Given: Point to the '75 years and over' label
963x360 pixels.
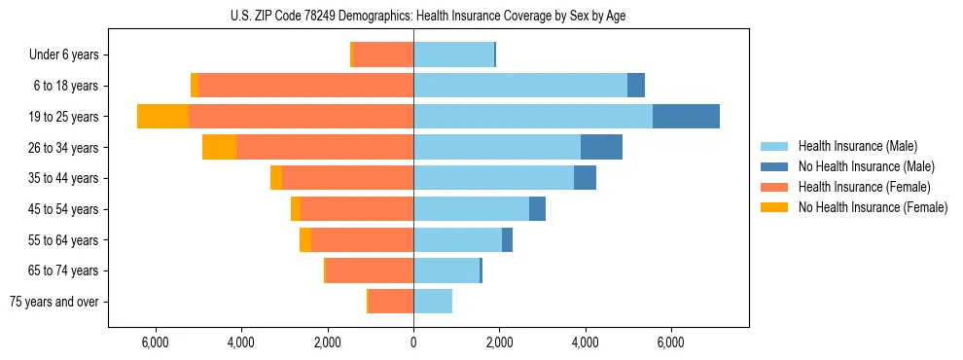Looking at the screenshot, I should (x=54, y=302).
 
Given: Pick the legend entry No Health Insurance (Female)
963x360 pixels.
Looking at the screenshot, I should (x=873, y=207).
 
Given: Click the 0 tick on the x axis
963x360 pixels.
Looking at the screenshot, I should (x=413, y=342).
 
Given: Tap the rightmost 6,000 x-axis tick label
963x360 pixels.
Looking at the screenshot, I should (x=671, y=342).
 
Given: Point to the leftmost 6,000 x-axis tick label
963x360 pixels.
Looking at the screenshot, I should (x=156, y=342).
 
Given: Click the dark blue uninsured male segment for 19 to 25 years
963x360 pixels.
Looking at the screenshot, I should (x=686, y=117).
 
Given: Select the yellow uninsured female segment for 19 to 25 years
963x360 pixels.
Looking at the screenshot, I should (x=162, y=117).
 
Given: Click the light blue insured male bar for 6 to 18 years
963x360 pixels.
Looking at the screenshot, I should (x=520, y=86).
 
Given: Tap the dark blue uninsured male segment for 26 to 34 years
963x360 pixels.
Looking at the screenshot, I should (x=601, y=147).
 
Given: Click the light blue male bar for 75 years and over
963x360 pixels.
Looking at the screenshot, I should (x=433, y=302).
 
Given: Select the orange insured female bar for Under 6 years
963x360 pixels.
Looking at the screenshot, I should (x=383, y=54).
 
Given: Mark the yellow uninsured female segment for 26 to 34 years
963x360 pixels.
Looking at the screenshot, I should (x=219, y=147).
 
